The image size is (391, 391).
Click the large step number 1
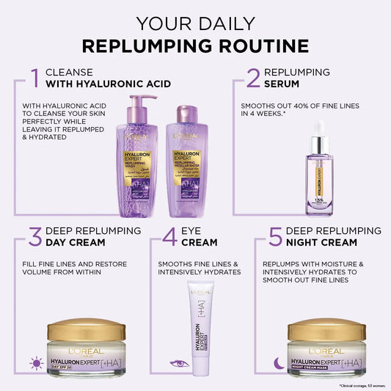(34, 78)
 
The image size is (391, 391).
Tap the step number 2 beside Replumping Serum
(253, 78)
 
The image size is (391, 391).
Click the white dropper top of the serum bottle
(319, 128)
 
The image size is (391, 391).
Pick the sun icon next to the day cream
(36, 362)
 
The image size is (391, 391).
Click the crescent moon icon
(277, 362)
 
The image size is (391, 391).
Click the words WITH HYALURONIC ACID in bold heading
(108, 84)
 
